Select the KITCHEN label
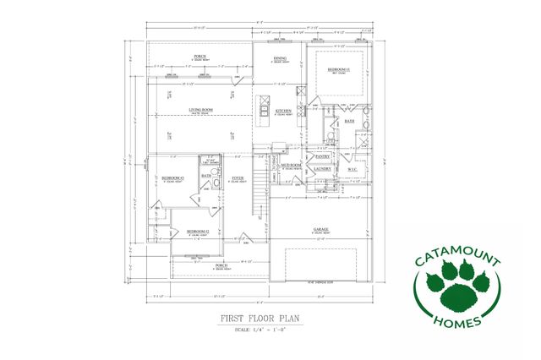(x=283, y=111)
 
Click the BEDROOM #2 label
(x=198, y=231)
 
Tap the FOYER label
(x=238, y=178)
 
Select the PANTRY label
(x=322, y=156)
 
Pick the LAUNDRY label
(x=322, y=168)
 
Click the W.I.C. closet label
(x=352, y=168)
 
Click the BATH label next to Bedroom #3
(x=206, y=176)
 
